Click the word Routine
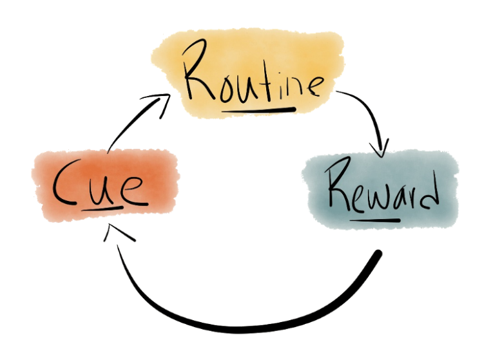point(251,81)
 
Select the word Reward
point(380,190)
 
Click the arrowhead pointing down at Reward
point(381,149)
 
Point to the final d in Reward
point(428,190)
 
